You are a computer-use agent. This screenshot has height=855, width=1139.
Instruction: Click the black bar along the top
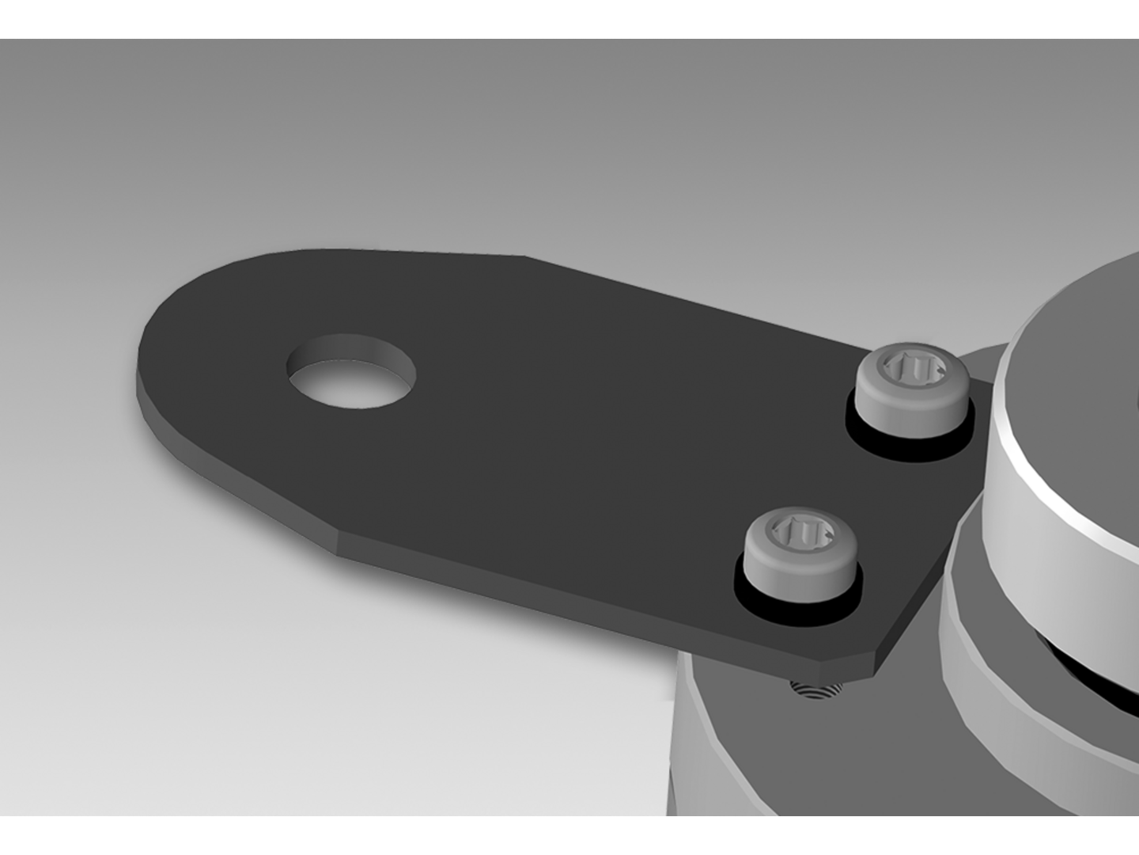tap(569, 19)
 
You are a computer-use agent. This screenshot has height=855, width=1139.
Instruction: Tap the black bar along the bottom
tap(569, 835)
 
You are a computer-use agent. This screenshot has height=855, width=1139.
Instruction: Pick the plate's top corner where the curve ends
tap(524, 256)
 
